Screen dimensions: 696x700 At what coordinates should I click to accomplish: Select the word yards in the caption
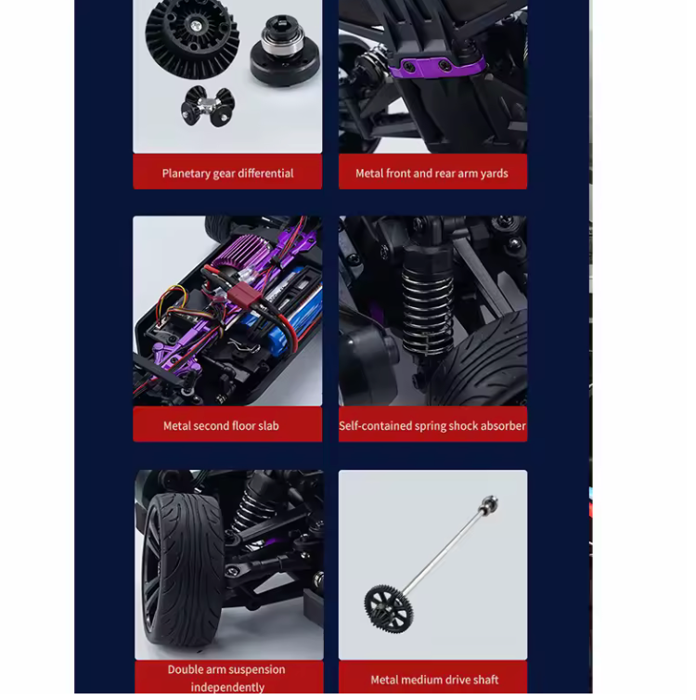tap(495, 174)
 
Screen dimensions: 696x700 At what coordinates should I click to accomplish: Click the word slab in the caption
tap(268, 426)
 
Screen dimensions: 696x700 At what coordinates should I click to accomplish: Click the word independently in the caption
tap(227, 687)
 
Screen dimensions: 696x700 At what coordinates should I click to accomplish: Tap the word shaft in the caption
tap(486, 680)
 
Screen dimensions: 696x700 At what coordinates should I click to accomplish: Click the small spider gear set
tap(208, 106)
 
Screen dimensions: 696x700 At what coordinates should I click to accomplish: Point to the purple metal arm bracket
tap(436, 67)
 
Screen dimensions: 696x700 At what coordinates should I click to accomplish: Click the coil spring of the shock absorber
tap(427, 310)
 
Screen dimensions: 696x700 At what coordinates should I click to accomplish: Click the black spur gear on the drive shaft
tap(388, 608)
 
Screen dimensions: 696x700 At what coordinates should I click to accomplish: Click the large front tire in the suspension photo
tap(183, 570)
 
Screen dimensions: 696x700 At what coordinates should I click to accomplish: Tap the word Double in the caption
tap(187, 669)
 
